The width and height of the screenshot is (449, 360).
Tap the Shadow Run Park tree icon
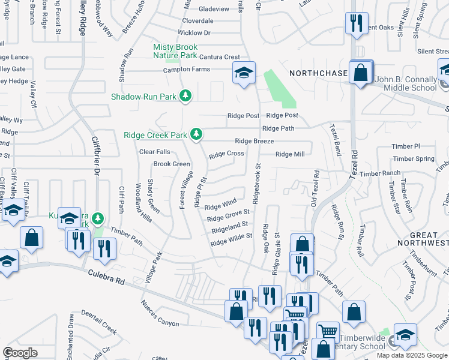pos(186,96)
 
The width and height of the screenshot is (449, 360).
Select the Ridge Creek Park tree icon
pos(195,134)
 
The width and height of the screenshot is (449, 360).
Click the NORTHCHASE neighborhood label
pos(318,73)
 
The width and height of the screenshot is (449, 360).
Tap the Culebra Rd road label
pos(106,277)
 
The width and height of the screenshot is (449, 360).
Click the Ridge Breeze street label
pos(255,141)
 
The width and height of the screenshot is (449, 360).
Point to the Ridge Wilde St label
pos(231,239)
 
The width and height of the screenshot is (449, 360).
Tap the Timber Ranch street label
pos(380,173)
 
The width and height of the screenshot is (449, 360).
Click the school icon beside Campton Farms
pos(244,73)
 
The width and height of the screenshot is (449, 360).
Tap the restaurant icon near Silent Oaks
pos(357,23)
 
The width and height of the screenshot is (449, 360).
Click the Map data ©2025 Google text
pos(411,355)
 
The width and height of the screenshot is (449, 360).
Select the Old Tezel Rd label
pos(315,189)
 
